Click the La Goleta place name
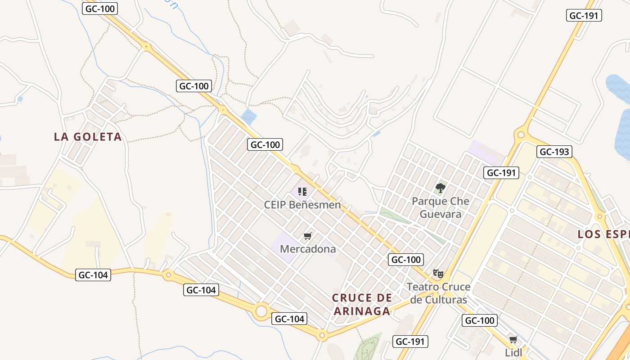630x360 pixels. coord(88,137)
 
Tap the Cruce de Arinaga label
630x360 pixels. coord(361,304)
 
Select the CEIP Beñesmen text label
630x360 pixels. coord(302,205)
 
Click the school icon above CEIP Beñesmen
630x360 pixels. coord(302,192)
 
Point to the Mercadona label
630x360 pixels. coord(308,249)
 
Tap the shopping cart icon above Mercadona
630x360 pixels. coord(308,236)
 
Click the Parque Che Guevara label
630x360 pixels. coord(441,207)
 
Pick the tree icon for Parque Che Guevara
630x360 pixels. coord(441,188)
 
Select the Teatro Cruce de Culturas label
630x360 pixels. coord(438,293)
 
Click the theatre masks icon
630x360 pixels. coord(438,273)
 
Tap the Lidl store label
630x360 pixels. coord(513,352)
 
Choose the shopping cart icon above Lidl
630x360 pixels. coord(513,339)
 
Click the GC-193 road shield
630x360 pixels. coord(554,152)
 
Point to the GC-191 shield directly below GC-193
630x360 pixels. coord(501,172)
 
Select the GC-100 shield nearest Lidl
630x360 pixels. coord(480,320)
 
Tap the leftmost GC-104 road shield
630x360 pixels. coord(93,274)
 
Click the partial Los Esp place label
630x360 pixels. coord(603,234)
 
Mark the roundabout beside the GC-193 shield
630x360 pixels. coord(521,134)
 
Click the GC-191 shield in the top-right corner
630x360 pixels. coord(584,15)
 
